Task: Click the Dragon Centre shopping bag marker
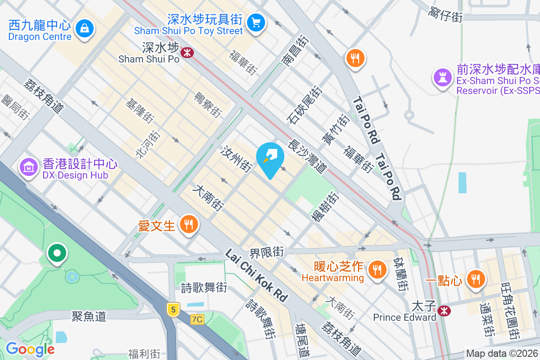pyautogui.click(x=84, y=28)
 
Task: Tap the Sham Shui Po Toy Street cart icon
pyautogui.click(x=256, y=22)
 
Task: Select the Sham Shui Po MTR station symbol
pyautogui.click(x=187, y=53)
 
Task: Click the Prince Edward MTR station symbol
pyautogui.click(x=444, y=310)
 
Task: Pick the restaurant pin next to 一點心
pyautogui.click(x=475, y=279)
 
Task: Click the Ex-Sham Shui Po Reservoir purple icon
pyautogui.click(x=442, y=77)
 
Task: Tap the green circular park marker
pyautogui.click(x=57, y=253)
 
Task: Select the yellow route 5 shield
pyautogui.click(x=173, y=309)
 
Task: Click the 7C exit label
pyautogui.click(x=197, y=319)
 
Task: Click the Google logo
pyautogui.click(x=30, y=349)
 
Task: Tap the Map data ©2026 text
pyautogui.click(x=502, y=354)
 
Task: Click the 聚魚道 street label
pyautogui.click(x=89, y=316)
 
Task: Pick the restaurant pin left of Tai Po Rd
pyautogui.click(x=355, y=58)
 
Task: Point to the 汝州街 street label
pyautogui.click(x=236, y=159)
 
